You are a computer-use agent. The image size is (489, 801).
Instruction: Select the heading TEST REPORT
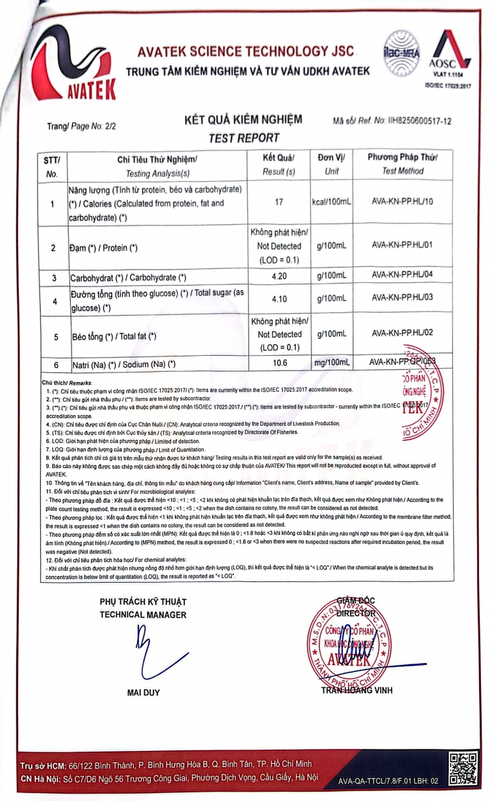click(x=244, y=138)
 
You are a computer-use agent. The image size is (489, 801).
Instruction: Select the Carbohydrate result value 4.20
click(x=279, y=276)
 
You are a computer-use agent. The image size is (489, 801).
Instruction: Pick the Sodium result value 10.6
click(x=279, y=363)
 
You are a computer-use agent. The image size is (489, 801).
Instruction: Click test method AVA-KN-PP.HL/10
click(x=403, y=200)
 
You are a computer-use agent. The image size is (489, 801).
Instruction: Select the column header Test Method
click(x=402, y=171)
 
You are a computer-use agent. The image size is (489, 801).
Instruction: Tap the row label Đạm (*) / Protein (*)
click(x=104, y=248)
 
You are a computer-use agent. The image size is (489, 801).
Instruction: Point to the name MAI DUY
click(x=143, y=692)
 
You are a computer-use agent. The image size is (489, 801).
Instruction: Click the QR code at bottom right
click(x=462, y=769)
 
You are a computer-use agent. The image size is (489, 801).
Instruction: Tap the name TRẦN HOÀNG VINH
click(x=357, y=690)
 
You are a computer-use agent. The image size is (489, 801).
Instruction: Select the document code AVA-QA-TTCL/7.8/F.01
click(x=377, y=780)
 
